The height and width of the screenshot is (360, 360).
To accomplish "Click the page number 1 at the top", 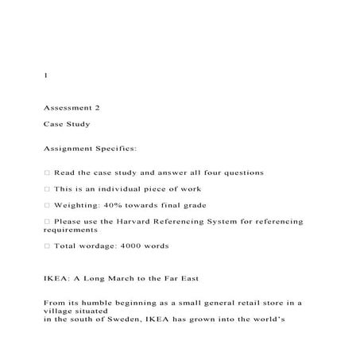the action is point(46,75).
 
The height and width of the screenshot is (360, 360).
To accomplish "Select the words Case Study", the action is point(67,125).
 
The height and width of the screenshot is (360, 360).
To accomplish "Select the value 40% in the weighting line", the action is point(109,205).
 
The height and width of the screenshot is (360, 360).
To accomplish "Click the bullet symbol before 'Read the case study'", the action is point(47,172).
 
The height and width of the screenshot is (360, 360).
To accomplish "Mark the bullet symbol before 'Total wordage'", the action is point(47,246).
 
